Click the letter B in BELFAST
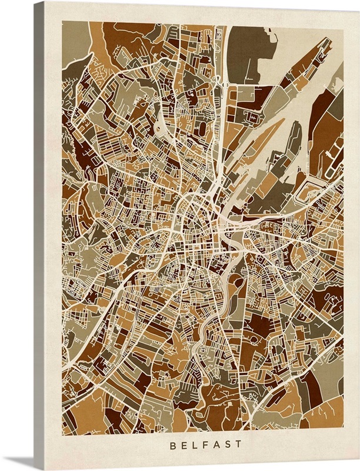pyautogui.click(x=172, y=446)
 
